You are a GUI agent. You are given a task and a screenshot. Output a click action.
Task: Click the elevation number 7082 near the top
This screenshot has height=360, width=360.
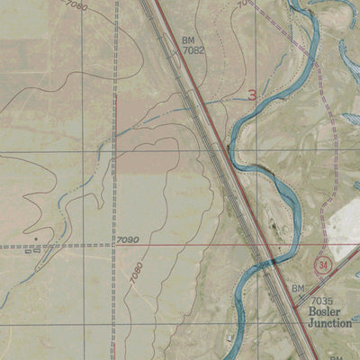[x=193, y=53]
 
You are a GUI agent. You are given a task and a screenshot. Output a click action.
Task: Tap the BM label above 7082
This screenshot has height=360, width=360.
[x=188, y=40]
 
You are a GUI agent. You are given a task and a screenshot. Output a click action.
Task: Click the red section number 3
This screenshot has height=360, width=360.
[x=253, y=94]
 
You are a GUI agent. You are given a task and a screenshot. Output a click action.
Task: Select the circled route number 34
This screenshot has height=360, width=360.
[x=324, y=265]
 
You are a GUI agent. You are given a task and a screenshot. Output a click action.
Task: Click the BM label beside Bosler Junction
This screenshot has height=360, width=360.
[x=298, y=288]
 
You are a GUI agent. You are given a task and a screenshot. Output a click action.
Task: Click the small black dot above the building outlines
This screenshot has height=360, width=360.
[x=37, y=238]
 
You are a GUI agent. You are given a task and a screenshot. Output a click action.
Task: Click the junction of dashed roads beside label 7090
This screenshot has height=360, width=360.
[x=112, y=244]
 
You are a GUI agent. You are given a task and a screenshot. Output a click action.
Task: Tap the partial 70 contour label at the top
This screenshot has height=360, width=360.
[x=241, y=4]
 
